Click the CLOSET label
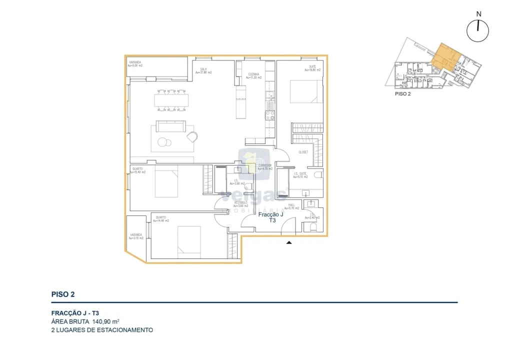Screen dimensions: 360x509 pos(303,152)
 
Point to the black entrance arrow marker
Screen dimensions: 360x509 pos(288,243)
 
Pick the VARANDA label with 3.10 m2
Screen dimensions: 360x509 pos(136,236)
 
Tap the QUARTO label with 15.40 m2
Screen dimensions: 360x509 pos(137,170)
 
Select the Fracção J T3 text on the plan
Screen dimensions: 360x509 pos(270,216)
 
